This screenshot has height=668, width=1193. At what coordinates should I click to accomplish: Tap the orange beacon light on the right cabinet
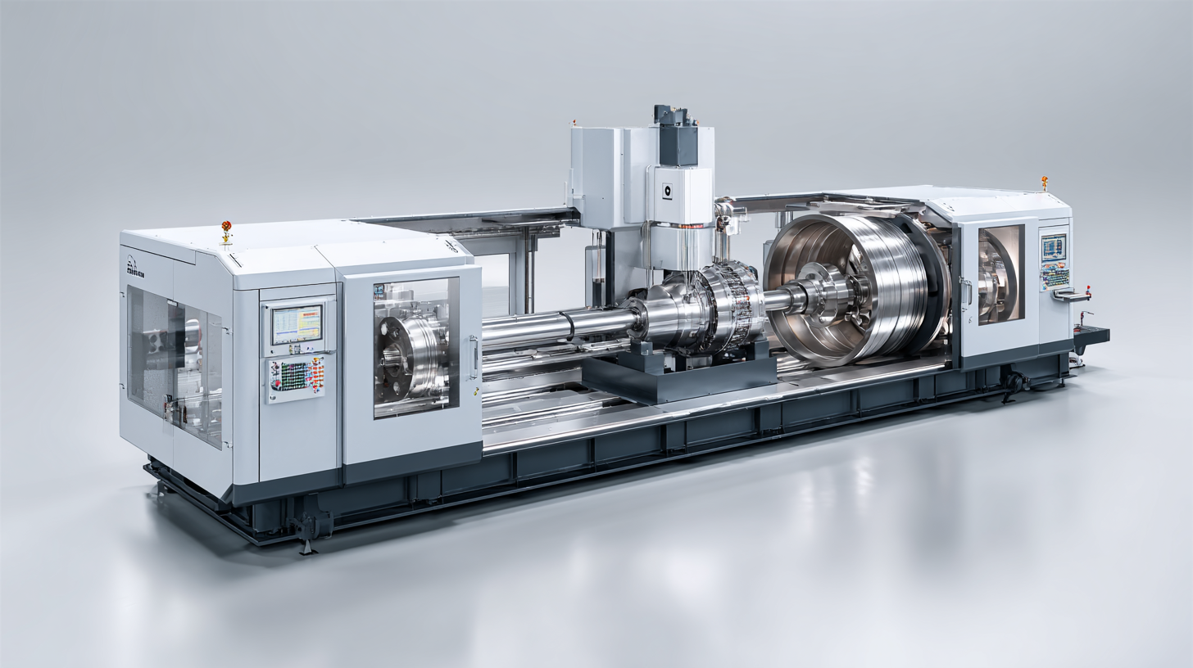1045,181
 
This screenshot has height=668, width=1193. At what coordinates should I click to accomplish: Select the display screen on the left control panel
297,324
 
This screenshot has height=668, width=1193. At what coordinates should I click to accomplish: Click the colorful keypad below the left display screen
296,377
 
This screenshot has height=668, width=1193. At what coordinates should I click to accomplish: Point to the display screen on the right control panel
1054,246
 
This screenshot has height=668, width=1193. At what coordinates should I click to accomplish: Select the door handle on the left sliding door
473,357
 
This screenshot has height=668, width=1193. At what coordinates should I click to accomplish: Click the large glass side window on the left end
174,365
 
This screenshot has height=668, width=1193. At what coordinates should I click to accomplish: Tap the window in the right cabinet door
1000,274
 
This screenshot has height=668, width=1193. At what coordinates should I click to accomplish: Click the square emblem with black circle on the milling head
668,188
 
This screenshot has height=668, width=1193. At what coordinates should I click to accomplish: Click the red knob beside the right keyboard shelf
1088,288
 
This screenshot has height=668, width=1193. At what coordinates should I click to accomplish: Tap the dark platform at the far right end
1090,334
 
